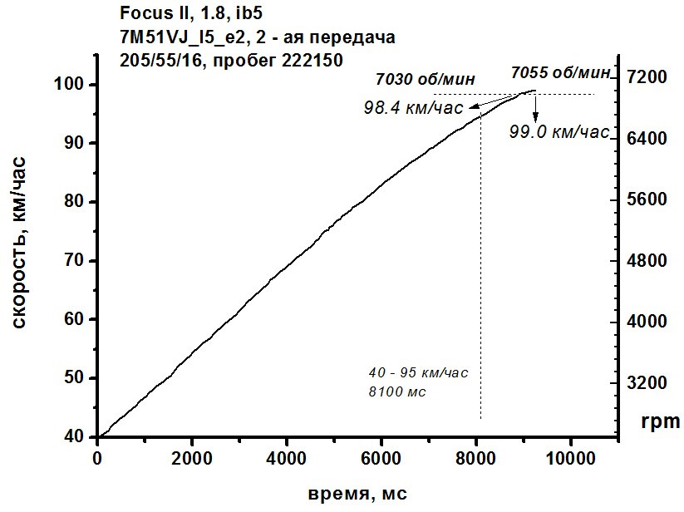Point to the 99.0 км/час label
(x=559, y=131)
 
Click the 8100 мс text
(x=397, y=390)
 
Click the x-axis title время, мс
(x=357, y=493)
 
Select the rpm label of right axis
(x=660, y=421)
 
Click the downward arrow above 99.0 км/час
(x=535, y=108)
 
